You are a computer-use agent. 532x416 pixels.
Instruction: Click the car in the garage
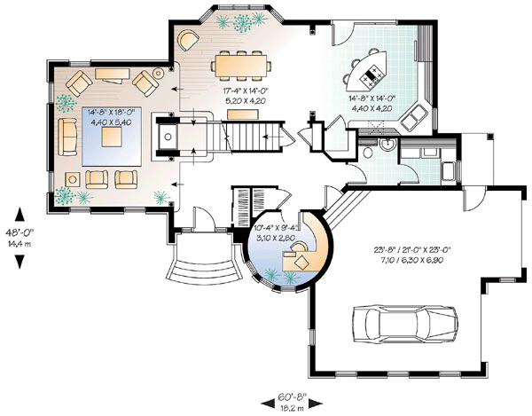405,324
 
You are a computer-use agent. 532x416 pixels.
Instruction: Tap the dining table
241,66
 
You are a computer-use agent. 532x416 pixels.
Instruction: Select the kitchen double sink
413,118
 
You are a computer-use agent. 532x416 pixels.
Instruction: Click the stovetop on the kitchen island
372,76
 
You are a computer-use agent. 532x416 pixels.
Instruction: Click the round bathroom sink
387,145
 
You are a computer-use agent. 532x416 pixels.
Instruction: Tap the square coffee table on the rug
112,137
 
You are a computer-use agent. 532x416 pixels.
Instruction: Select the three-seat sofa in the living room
67,137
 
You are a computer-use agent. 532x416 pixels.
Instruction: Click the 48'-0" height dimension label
20,232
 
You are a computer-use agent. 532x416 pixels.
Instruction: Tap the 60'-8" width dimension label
292,396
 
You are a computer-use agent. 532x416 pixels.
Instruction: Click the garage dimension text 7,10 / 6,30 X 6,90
411,260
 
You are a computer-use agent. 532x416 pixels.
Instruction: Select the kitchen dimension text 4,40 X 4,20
372,108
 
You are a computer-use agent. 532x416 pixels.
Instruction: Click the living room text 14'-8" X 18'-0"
110,112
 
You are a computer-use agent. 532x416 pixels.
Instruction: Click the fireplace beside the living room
167,137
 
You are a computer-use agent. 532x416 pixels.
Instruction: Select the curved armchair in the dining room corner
188,41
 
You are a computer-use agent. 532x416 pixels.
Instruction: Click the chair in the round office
299,247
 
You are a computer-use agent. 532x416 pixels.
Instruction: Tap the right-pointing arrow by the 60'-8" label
317,404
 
